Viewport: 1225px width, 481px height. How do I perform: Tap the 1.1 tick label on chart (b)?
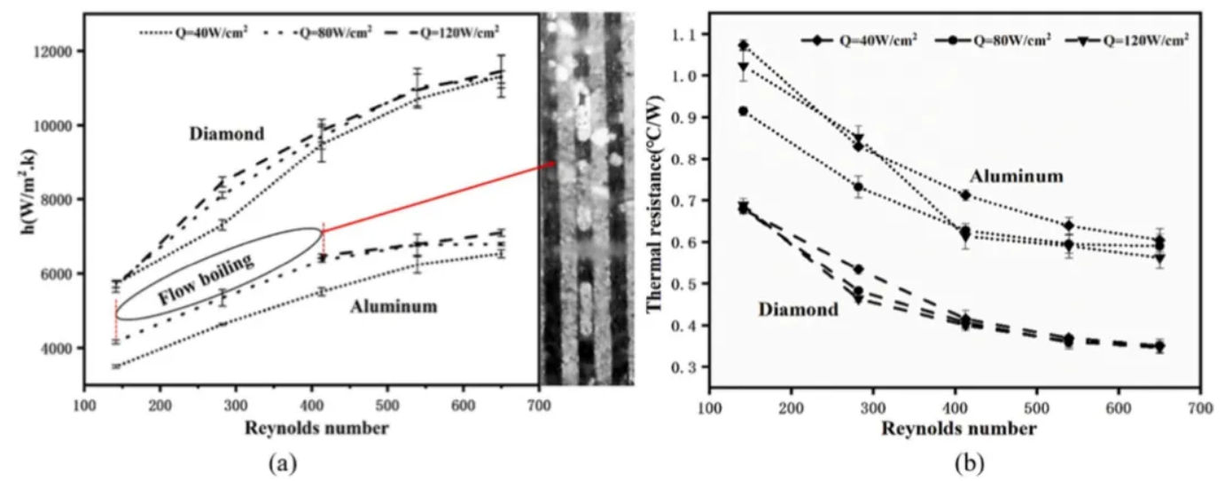click(x=683, y=34)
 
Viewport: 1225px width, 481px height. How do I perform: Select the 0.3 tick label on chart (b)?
click(x=683, y=367)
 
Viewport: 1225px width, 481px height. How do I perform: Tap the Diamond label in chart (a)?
click(x=227, y=134)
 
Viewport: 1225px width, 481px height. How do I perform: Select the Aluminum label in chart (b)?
click(x=1015, y=176)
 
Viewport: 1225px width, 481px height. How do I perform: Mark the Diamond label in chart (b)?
click(x=798, y=310)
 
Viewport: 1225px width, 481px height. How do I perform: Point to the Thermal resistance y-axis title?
click(x=657, y=207)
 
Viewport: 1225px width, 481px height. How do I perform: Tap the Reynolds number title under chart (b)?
click(x=958, y=429)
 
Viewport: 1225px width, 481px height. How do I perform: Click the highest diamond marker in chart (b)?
click(x=744, y=45)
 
